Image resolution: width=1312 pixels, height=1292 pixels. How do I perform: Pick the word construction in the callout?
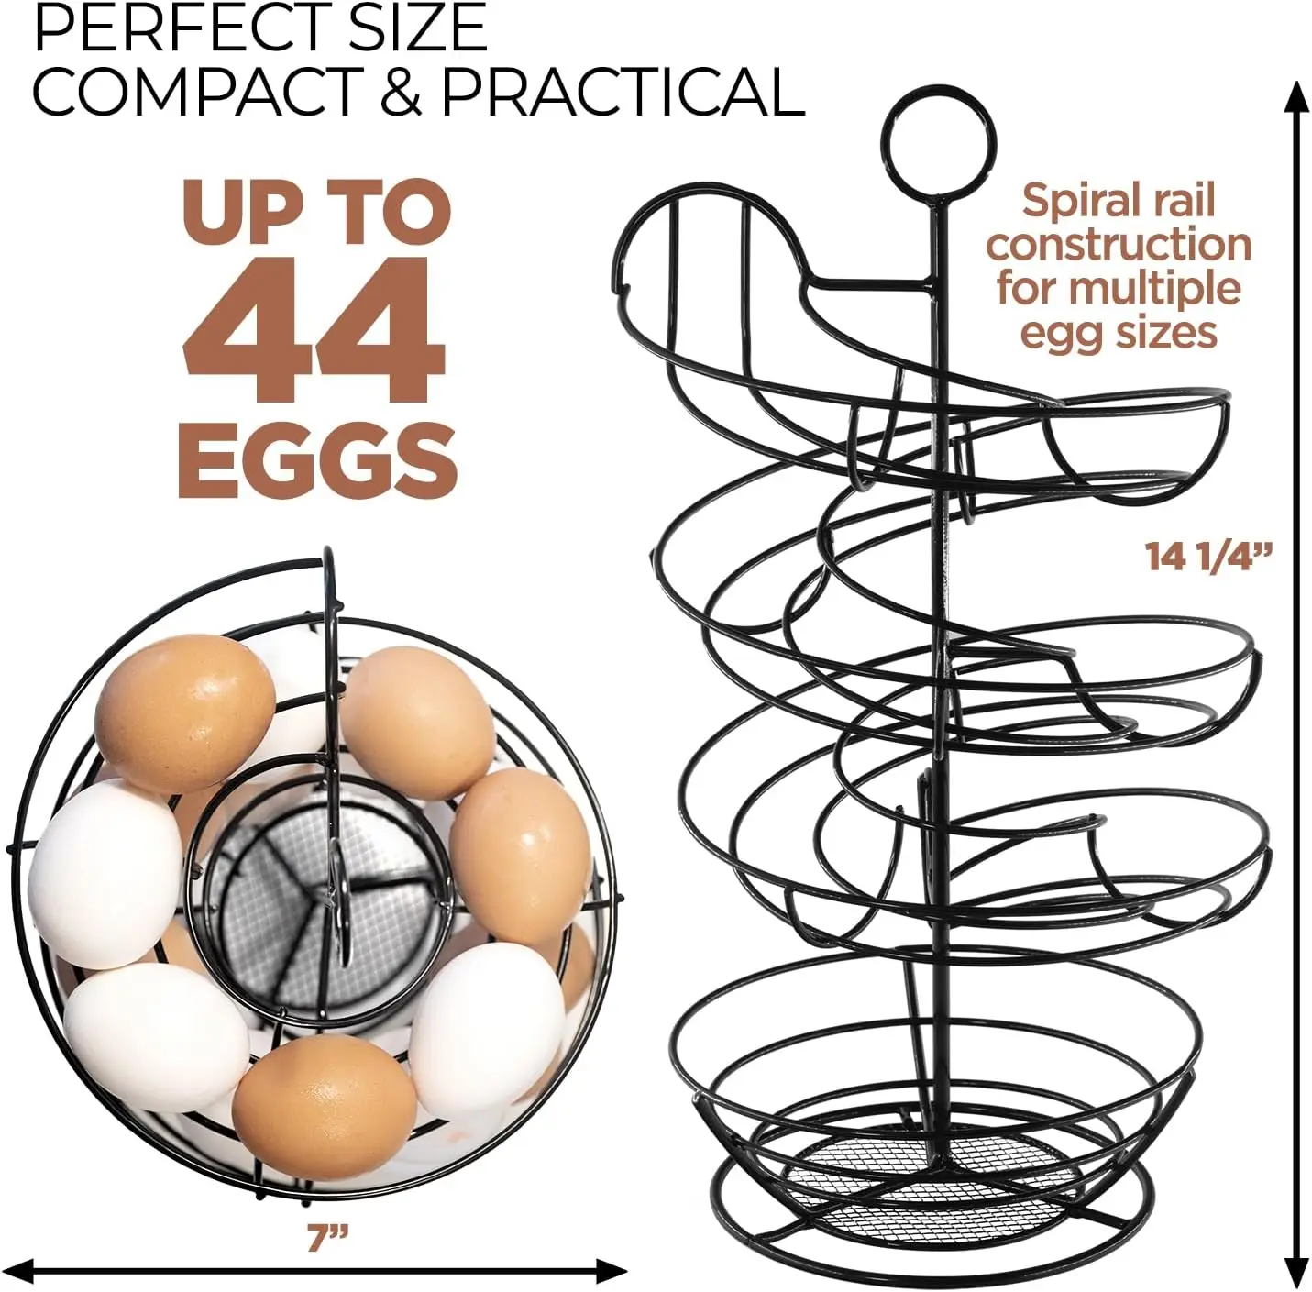(1119, 244)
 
